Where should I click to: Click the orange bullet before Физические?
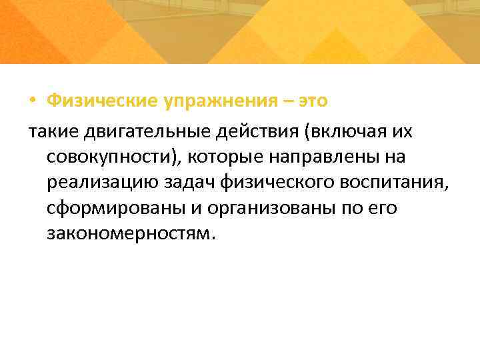point(33,101)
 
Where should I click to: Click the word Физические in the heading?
point(101,101)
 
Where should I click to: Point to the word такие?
point(53,131)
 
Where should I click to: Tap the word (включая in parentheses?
point(346,131)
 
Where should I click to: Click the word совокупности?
point(109,157)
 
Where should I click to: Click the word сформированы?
point(116,209)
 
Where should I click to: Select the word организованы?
point(267,209)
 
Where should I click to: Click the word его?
point(384,209)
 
